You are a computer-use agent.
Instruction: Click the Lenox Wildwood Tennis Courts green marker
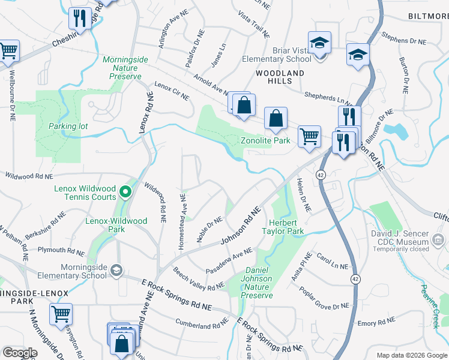125,192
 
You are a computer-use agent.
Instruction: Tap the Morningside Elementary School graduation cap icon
116,271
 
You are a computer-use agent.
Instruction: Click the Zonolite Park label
265,141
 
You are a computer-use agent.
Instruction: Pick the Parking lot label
68,127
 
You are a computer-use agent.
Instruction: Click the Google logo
19,353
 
